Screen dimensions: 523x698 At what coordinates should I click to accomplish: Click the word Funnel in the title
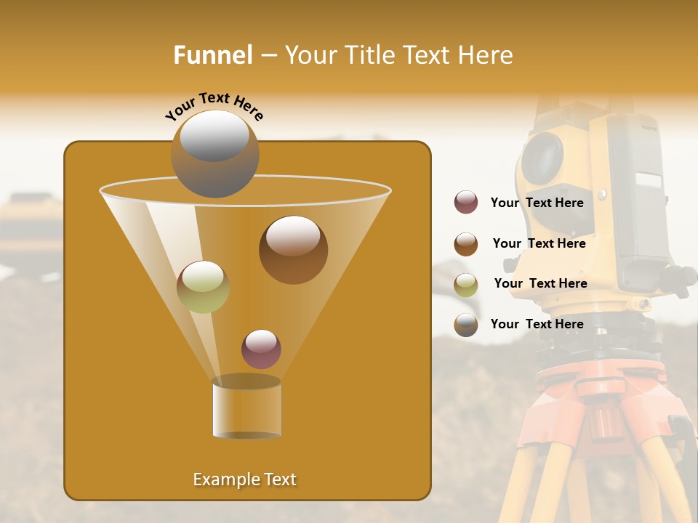click(x=212, y=55)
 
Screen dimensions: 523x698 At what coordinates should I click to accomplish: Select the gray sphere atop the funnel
click(x=214, y=153)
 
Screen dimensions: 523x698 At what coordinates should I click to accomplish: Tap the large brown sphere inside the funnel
click(x=293, y=249)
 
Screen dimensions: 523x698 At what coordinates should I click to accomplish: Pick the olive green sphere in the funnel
click(x=203, y=286)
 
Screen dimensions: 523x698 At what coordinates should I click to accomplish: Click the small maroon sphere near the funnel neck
click(x=261, y=349)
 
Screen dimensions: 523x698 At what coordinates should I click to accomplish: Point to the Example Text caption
click(x=244, y=479)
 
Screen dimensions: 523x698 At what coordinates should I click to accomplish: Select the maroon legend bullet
click(x=466, y=203)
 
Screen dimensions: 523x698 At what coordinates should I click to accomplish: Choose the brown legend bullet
click(x=466, y=244)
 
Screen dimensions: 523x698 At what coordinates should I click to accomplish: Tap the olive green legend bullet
click(x=466, y=285)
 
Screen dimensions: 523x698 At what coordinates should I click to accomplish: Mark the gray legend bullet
click(x=466, y=325)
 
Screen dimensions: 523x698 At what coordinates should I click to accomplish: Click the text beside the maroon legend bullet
click(x=537, y=203)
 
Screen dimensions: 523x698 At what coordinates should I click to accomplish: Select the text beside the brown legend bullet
click(x=539, y=243)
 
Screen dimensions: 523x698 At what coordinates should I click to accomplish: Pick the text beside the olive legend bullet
click(x=540, y=283)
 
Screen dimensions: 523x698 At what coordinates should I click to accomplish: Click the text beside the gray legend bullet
click(x=537, y=324)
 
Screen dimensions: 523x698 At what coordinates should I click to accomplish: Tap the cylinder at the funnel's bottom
click(x=246, y=408)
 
